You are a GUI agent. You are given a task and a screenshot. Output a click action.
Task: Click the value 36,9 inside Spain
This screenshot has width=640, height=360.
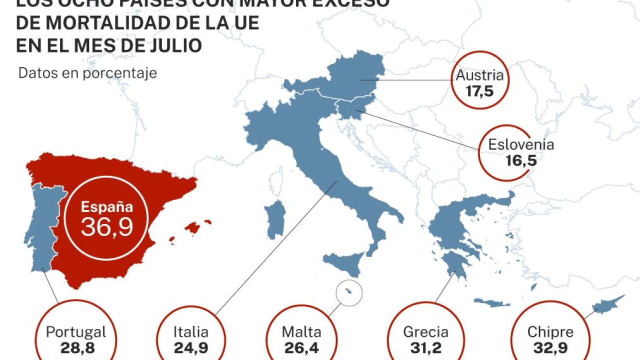pos(107,227)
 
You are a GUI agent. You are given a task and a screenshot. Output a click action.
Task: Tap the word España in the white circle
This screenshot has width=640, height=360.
pos(107,206)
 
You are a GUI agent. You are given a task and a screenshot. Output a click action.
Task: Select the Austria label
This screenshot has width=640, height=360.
pos(479,76)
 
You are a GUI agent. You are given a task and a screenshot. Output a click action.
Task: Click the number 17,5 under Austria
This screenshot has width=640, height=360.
pos(479,91)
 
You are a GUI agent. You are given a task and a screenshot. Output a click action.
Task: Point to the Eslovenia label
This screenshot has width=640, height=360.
pos(521,145)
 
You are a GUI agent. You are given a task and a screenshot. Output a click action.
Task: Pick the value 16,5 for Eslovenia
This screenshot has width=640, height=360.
pos(521,160)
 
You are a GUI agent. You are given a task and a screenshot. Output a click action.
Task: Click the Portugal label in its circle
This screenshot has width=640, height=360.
pos(76,332)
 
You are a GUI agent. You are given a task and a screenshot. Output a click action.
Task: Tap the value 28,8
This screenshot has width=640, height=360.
pos(76,348)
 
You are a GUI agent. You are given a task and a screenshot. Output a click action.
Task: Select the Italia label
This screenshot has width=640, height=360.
pos(191,332)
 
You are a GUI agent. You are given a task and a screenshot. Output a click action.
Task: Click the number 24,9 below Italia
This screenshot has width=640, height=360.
pos(191,348)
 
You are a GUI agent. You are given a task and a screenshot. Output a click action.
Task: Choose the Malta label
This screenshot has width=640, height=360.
pos(301,332)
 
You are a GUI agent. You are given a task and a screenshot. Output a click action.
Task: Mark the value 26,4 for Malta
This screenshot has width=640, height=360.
pos(301,348)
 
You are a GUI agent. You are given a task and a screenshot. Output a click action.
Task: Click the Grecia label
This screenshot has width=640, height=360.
pos(425,332)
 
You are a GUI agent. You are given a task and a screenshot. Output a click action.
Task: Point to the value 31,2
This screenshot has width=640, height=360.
pos(425,348)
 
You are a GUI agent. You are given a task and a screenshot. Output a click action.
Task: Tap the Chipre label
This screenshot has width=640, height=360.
pos(550,332)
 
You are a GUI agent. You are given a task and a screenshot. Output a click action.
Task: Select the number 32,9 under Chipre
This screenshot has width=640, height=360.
pos(550,348)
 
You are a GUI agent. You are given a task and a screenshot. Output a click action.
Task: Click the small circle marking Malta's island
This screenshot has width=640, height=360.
pos(349,292)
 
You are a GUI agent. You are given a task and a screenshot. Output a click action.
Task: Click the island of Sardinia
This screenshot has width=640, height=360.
pos(274,220)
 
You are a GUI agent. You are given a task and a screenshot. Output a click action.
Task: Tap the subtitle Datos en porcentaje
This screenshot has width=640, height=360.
pos(87,73)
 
